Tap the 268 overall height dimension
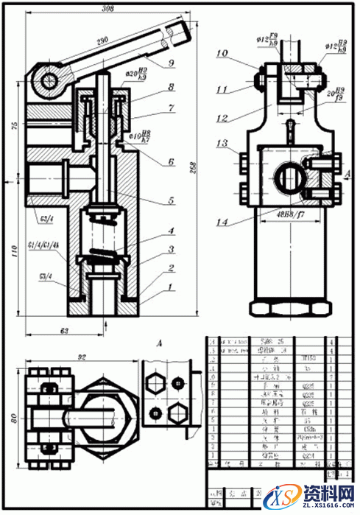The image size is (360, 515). coord(194,165)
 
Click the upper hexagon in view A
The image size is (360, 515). coord(157,381)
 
